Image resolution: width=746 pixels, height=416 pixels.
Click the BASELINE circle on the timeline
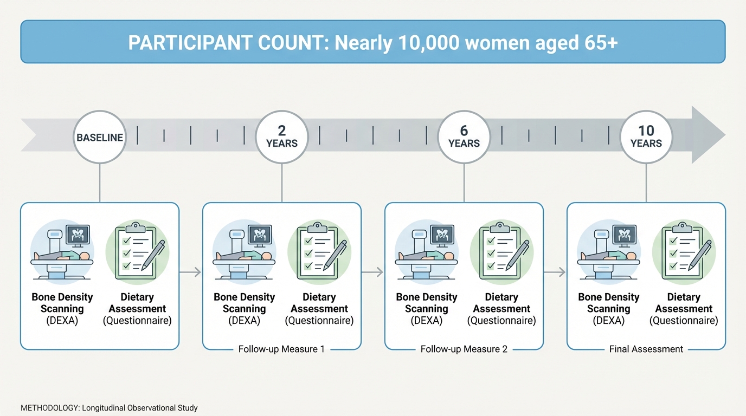point(100,137)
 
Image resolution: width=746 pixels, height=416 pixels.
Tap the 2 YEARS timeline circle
point(282,137)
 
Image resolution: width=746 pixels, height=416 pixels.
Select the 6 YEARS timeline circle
point(464,137)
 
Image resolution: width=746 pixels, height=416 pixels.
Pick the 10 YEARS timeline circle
point(646,137)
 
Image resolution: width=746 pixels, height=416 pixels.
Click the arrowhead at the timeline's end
point(708,134)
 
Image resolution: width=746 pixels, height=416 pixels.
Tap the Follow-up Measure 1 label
point(281,349)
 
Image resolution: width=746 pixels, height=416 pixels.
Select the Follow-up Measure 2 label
point(464,349)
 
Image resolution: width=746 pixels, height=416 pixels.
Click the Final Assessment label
point(646,349)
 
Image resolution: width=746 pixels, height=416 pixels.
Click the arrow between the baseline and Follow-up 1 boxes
point(190,272)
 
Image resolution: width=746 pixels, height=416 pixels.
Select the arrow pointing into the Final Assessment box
point(555,272)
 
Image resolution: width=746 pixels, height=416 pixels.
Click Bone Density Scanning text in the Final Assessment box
point(609,303)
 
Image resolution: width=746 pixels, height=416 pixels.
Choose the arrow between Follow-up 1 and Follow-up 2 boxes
point(372,272)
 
